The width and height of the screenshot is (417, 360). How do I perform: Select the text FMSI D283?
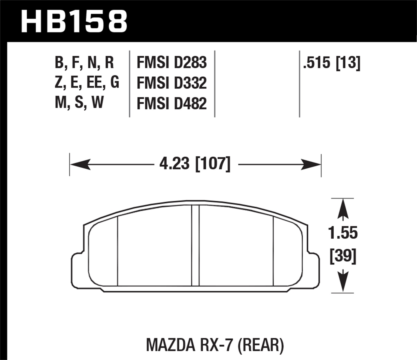coord(172,62)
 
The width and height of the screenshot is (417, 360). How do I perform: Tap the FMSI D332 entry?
coord(172,83)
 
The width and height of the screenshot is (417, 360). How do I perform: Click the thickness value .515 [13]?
coord(332,62)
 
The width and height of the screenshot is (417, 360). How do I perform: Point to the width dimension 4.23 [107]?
coord(195,164)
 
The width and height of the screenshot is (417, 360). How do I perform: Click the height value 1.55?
coord(343,233)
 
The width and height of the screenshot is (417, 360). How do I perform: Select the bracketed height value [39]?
coord(343,256)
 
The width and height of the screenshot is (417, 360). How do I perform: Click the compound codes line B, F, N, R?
coord(84,62)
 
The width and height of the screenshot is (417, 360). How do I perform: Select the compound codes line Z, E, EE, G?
coord(87,82)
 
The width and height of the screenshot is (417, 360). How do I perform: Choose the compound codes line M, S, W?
coord(79,102)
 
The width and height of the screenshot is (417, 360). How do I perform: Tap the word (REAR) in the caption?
coord(260,345)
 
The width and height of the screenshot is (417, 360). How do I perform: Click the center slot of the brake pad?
coord(195,246)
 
